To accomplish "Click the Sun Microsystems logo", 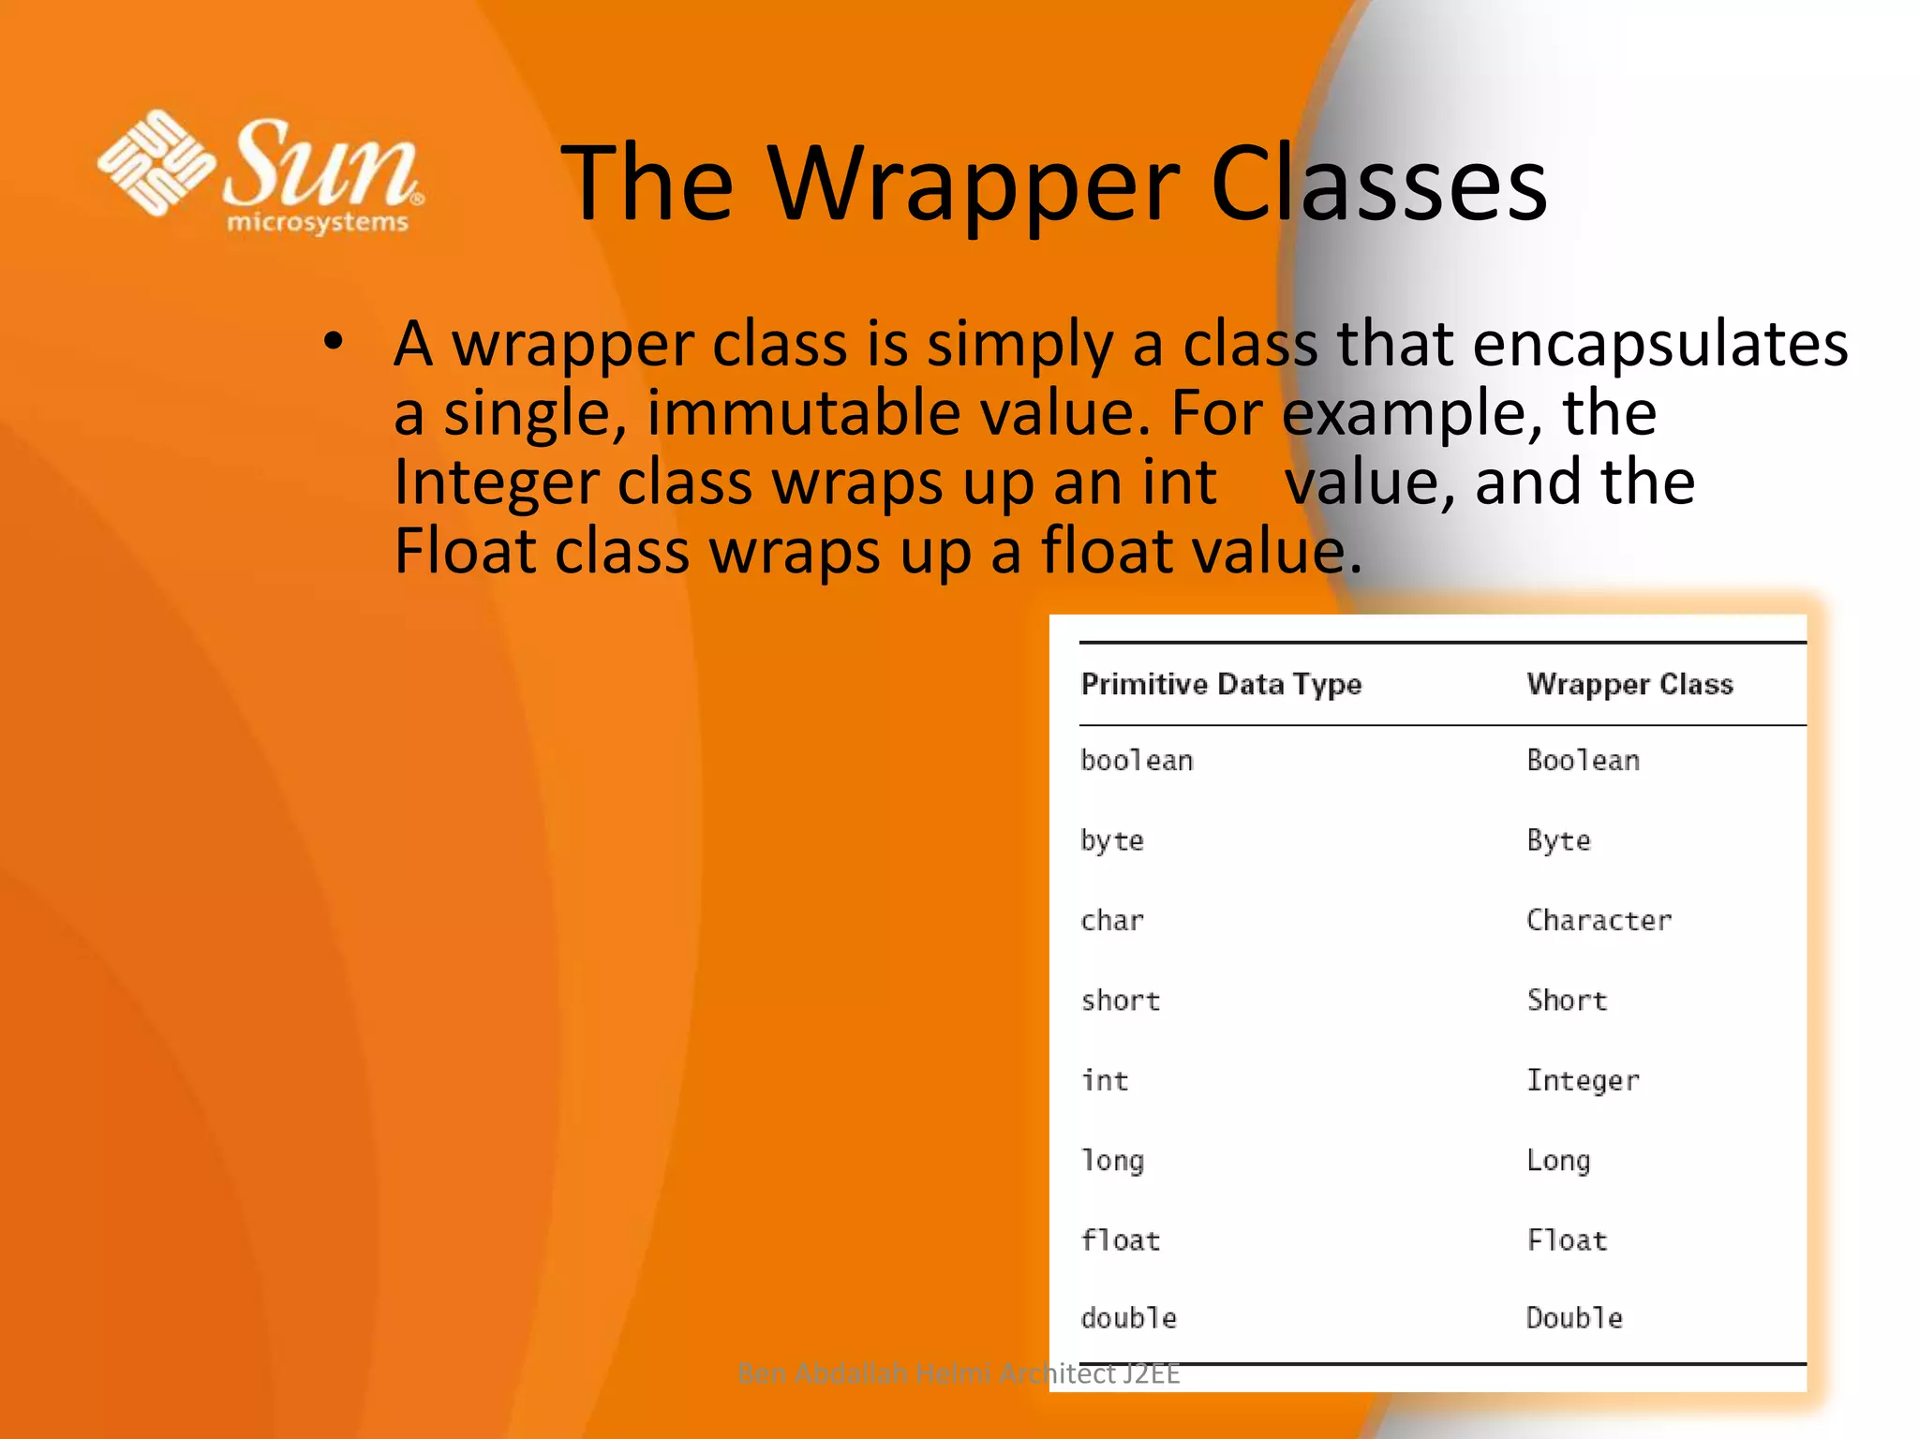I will (x=260, y=171).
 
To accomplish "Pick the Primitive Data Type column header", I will (x=1221, y=684).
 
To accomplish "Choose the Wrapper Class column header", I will (x=1629, y=684).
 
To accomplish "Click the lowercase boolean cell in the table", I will (x=1137, y=760).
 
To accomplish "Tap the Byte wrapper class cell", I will (x=1558, y=840).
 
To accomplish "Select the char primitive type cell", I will (x=1112, y=920).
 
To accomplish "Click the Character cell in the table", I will (x=1599, y=920).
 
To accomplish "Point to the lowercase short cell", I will (x=1121, y=1001).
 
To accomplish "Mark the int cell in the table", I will (x=1105, y=1080).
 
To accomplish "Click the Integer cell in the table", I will (x=1583, y=1080).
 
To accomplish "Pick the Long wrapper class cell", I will (x=1558, y=1161).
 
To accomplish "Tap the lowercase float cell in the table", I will (x=1121, y=1240).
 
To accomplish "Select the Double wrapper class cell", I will (x=1574, y=1318).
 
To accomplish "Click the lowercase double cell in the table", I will (x=1128, y=1318).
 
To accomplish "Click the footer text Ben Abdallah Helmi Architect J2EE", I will (x=958, y=1373).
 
